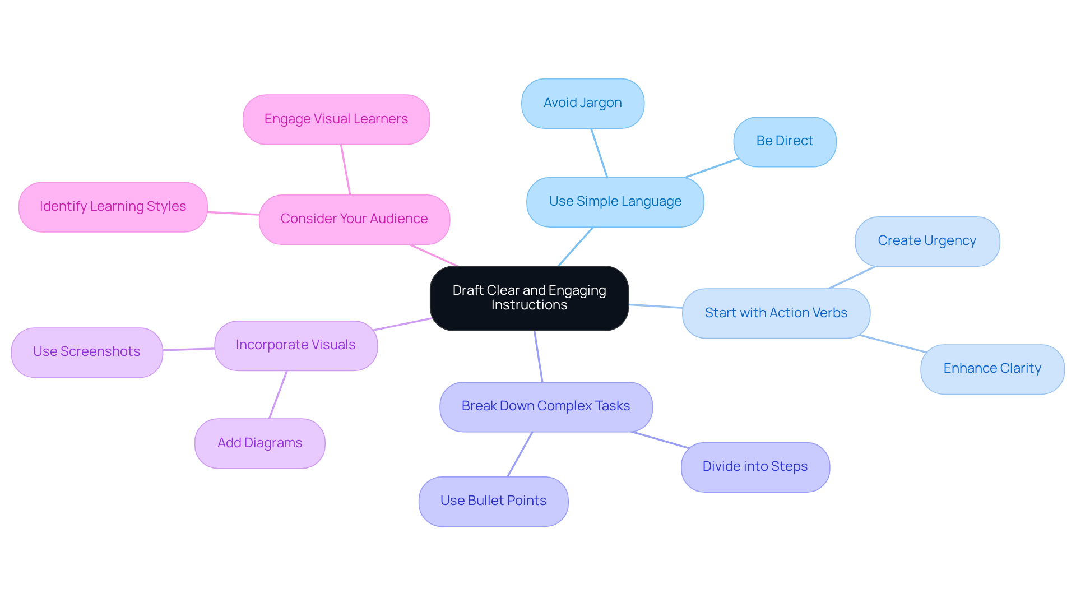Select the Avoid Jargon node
[x=582, y=103]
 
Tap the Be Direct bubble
[x=784, y=141]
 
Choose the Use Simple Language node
[x=615, y=202]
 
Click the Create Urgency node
[x=927, y=241]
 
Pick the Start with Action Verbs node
[x=776, y=313]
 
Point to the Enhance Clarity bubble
[x=992, y=369]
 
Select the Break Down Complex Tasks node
[x=545, y=406]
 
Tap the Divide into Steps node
[x=755, y=467]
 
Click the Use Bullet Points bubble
[x=493, y=501]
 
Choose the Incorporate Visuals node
[x=295, y=345]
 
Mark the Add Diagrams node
[x=259, y=443]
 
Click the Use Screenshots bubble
[x=87, y=352]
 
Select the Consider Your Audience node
[x=354, y=219]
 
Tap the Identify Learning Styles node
[x=113, y=207]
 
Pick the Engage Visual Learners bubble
[x=336, y=119]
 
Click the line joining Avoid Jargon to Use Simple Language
[x=599, y=153]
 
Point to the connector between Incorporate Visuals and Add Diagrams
[x=278, y=395]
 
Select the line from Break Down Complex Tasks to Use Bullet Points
[x=520, y=455]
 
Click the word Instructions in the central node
[x=529, y=305]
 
